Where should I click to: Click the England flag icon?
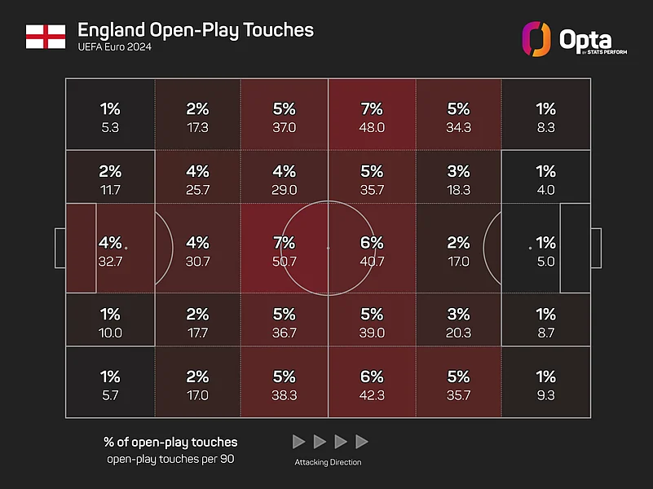point(46,36)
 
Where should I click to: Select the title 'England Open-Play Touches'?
point(195,30)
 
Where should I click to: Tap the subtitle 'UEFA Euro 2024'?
point(114,47)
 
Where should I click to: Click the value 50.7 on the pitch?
point(285,262)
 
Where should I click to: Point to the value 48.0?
point(372,127)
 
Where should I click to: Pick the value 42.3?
point(372,394)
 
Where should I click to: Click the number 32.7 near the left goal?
point(110,262)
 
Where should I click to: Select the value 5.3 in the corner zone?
point(110,127)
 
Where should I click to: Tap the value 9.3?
point(546,394)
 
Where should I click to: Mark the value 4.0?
point(546,190)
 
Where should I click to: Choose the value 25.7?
point(197,190)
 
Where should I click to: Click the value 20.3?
point(459,333)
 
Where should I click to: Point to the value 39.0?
point(372,333)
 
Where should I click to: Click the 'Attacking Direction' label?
point(329,463)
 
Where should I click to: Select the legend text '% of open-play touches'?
point(170,442)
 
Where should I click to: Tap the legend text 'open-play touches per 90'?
point(170,460)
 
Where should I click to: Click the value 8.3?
point(546,127)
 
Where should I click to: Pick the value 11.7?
point(110,190)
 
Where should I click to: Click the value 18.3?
point(459,190)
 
